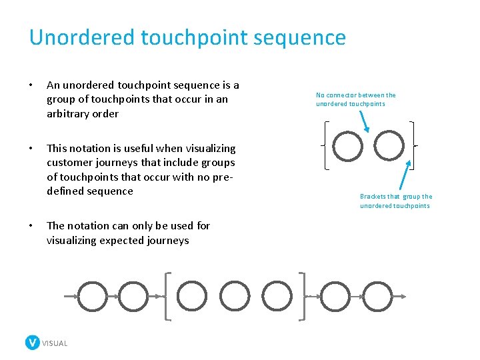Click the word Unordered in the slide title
(81, 37)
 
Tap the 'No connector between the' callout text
(355, 95)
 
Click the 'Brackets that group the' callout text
(396, 197)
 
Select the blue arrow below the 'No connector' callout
(365, 120)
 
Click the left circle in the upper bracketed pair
(348, 146)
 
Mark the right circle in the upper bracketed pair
(389, 146)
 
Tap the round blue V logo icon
(32, 343)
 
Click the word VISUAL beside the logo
(55, 343)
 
